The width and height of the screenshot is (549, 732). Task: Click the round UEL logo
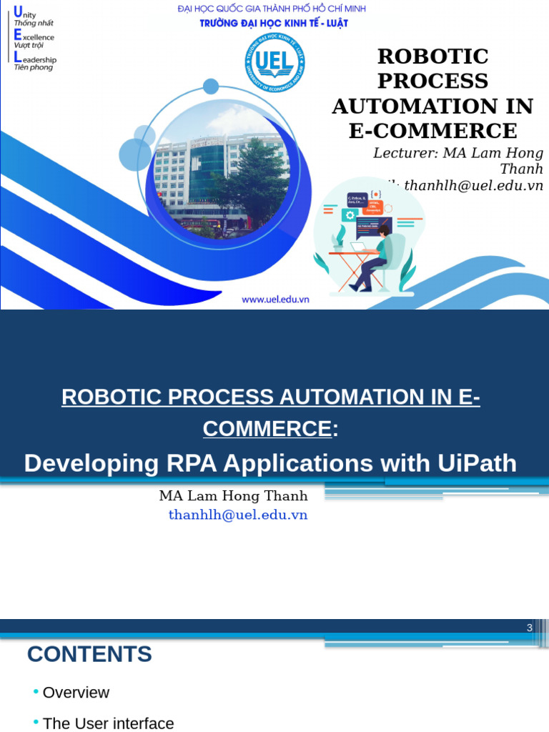pyautogui.click(x=275, y=62)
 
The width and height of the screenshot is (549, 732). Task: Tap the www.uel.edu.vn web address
pyautogui.click(x=275, y=300)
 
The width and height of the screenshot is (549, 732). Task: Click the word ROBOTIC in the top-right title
pyautogui.click(x=432, y=56)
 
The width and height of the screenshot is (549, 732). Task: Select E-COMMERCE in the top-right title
pyautogui.click(x=432, y=131)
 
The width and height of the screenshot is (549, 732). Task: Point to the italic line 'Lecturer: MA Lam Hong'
pyautogui.click(x=457, y=153)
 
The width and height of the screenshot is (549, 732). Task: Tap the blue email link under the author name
pyautogui.click(x=238, y=515)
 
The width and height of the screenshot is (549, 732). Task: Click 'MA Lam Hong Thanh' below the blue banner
pyautogui.click(x=233, y=496)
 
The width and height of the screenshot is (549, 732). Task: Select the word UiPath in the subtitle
pyautogui.click(x=475, y=463)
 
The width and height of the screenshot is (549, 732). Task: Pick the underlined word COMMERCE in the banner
pyautogui.click(x=267, y=429)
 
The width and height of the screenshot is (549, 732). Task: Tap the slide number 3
pyautogui.click(x=529, y=628)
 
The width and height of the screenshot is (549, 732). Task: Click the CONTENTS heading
pyautogui.click(x=89, y=654)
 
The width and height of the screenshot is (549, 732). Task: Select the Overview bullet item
pyautogui.click(x=76, y=693)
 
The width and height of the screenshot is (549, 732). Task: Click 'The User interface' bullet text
pyautogui.click(x=108, y=723)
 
